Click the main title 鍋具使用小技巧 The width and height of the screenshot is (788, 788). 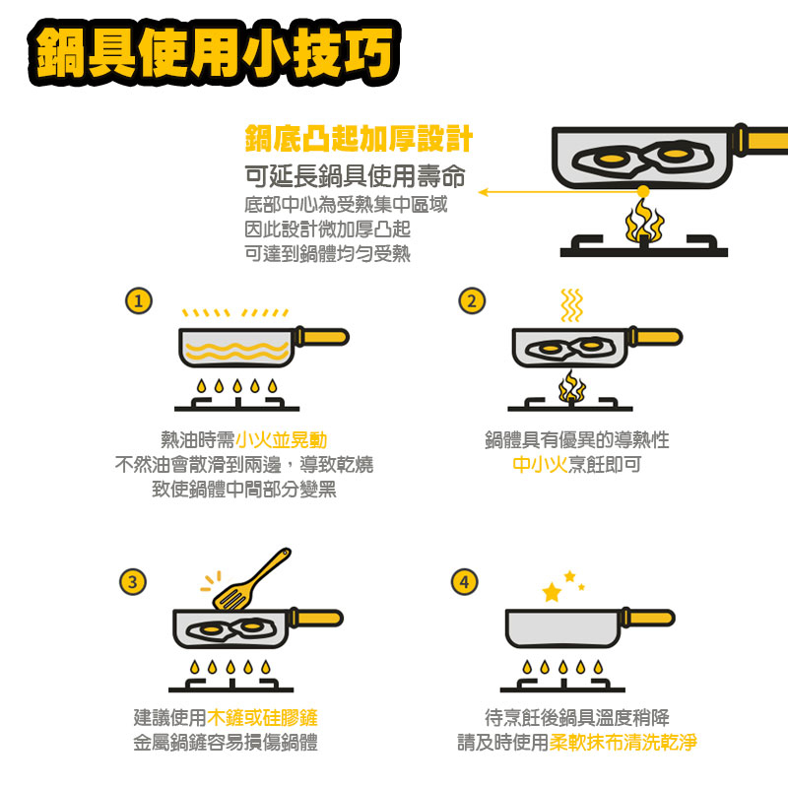tap(214, 53)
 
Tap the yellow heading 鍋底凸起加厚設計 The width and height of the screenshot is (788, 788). tap(359, 139)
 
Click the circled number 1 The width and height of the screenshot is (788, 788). tap(139, 300)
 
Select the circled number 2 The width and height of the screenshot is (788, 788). tap(472, 300)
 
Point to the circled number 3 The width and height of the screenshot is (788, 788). tap(133, 582)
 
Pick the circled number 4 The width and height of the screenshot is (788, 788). tap(464, 582)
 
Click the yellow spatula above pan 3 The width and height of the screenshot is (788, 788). tap(251, 579)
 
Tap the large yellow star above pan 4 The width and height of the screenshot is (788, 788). tap(552, 592)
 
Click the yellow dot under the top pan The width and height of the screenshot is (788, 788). tap(643, 191)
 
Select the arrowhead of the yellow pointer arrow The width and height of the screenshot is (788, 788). tap(483, 192)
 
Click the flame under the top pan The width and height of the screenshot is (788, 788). tap(644, 221)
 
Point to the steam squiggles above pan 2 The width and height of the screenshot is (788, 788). tap(571, 305)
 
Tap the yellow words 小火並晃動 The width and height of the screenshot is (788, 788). tap(282, 439)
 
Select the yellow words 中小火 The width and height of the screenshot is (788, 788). tap(540, 464)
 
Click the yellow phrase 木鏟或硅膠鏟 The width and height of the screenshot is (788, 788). tap(262, 717)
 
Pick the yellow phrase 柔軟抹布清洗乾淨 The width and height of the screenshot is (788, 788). tap(624, 742)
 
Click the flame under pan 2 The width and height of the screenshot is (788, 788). tap(572, 386)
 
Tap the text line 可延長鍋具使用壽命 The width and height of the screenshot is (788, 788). tap(355, 176)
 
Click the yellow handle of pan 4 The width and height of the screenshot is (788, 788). tap(651, 619)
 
